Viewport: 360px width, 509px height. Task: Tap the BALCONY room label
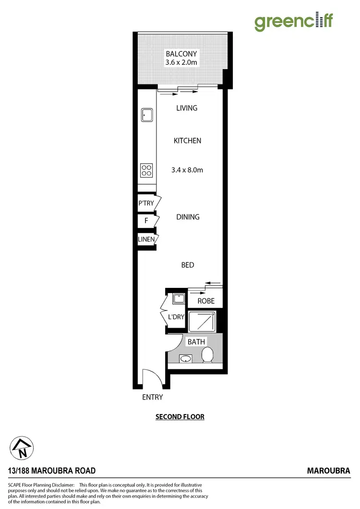pos(181,54)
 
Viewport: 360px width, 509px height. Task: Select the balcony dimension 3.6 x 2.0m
pos(181,62)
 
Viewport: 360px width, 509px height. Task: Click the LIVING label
pos(187,108)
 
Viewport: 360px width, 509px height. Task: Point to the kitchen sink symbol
pos(147,115)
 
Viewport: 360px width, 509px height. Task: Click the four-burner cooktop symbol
pos(146,170)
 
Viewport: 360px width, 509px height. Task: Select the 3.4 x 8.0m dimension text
pos(188,169)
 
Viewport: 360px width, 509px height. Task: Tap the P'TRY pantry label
pos(146,203)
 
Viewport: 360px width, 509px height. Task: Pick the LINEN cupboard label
pos(145,239)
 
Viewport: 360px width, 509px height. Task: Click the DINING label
pos(188,217)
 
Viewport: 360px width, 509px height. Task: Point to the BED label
pos(188,265)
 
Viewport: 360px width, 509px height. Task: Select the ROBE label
pos(206,301)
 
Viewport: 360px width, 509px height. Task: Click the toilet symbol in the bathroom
pos(207,355)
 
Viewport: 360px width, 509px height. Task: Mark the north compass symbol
pos(22,448)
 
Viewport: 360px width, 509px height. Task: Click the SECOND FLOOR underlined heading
pos(180,416)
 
